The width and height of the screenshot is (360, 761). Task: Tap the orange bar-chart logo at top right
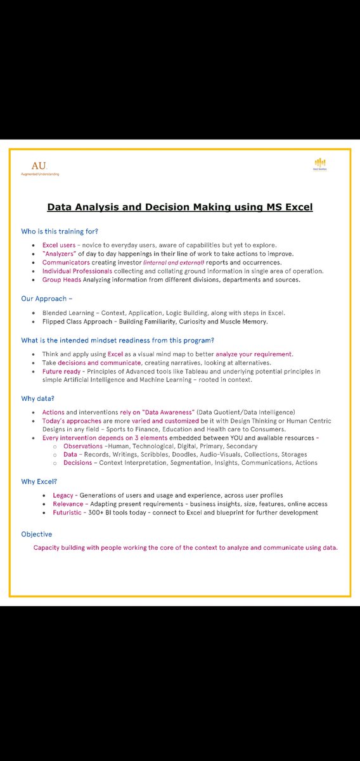320,162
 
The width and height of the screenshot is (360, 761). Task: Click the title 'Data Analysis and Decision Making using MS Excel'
180,207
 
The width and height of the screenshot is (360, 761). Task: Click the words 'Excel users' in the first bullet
58,245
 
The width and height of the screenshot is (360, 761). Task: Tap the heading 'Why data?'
38,398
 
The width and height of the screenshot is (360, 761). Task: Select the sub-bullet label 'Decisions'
78,463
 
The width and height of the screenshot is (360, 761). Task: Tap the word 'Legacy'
67,495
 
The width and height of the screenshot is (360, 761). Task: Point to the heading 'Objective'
37,534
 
